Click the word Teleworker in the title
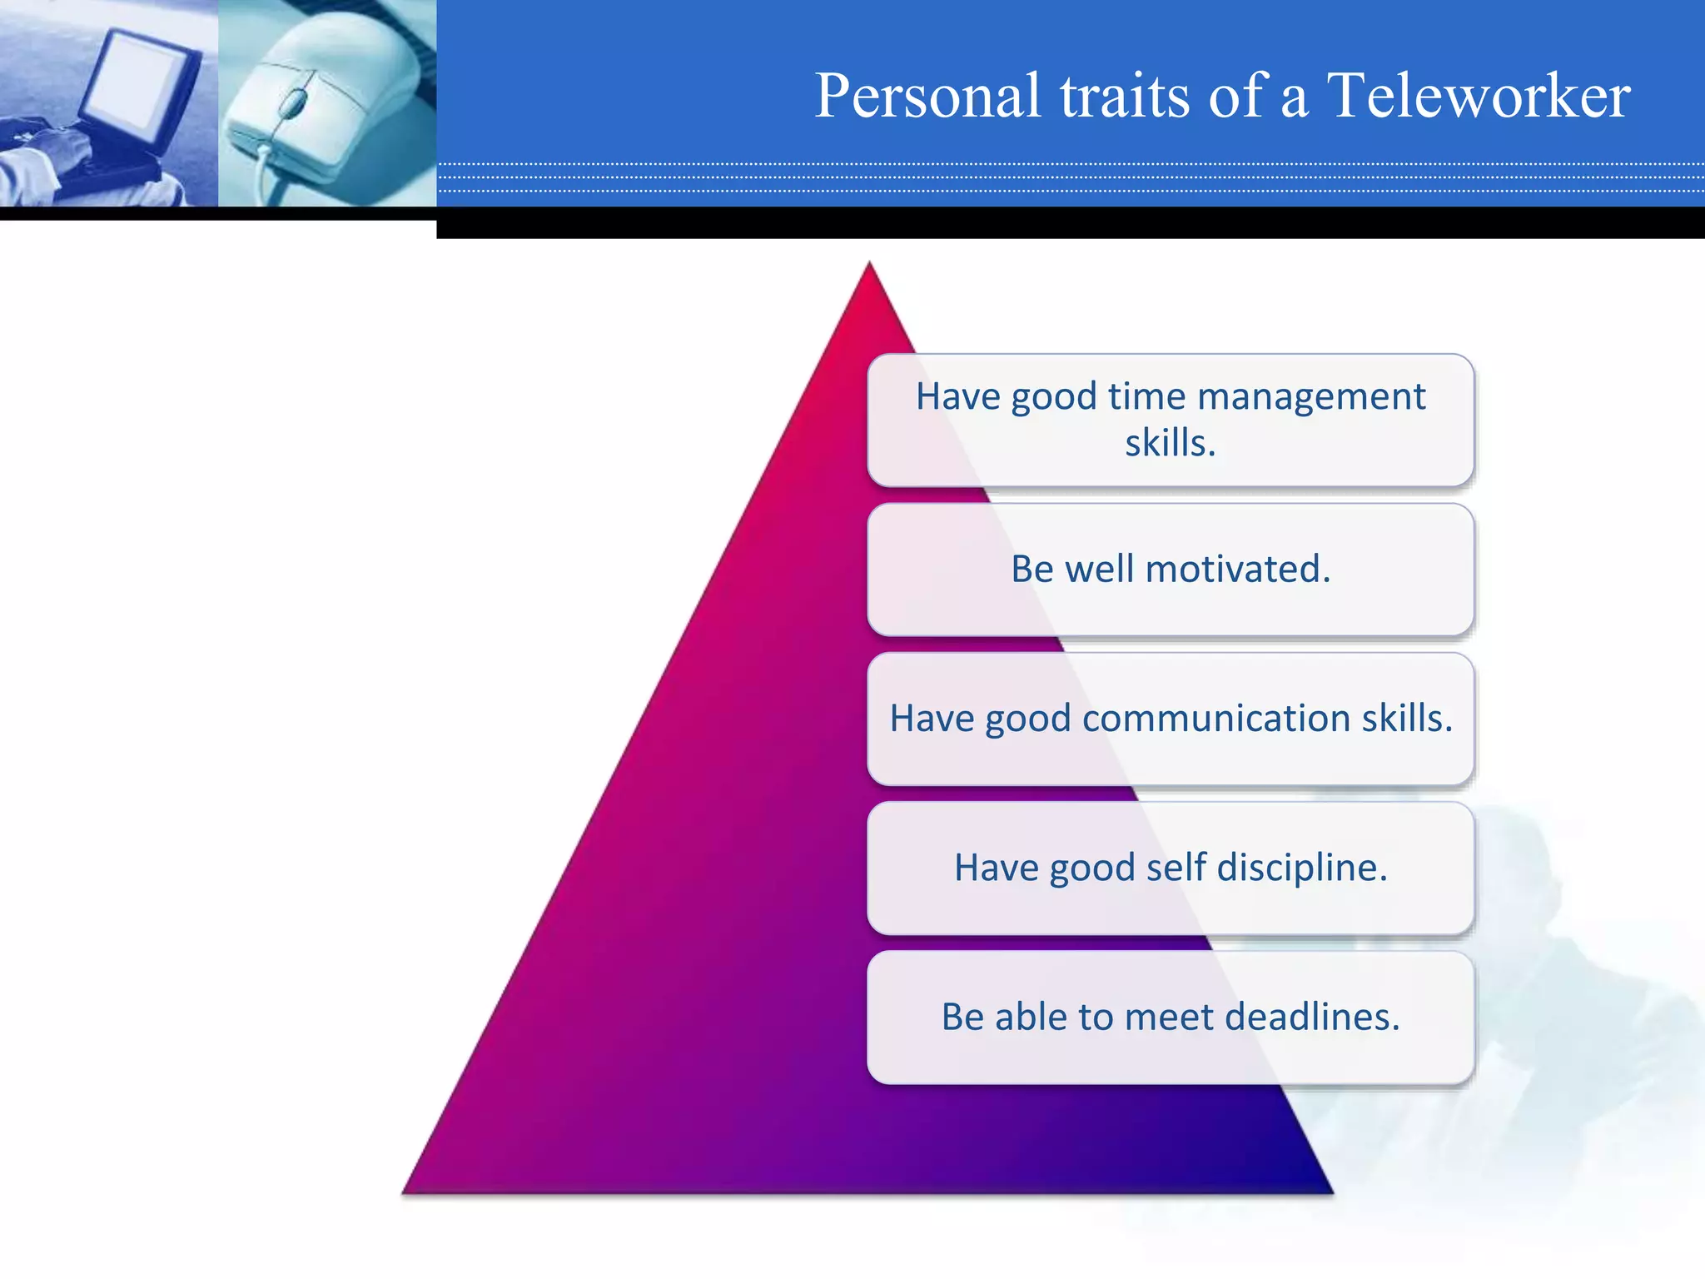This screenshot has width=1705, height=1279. click(1478, 96)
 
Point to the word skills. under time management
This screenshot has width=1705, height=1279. click(1170, 443)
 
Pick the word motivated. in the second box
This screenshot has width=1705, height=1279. click(1238, 570)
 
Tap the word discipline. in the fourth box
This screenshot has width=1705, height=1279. click(1302, 868)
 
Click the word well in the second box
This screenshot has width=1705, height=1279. click(1098, 570)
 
